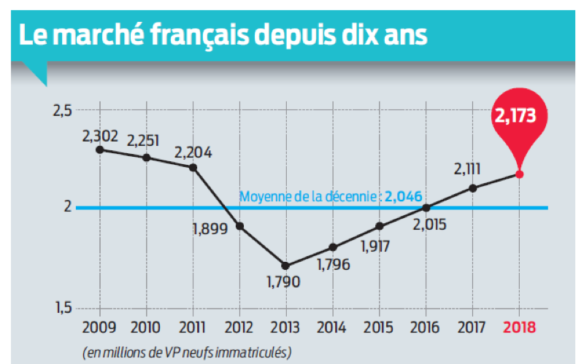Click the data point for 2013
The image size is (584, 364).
pyautogui.click(x=285, y=266)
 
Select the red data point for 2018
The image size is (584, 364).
pyautogui.click(x=519, y=174)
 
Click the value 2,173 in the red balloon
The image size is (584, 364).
pyautogui.click(x=519, y=115)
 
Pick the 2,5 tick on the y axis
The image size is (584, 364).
pyautogui.click(x=63, y=111)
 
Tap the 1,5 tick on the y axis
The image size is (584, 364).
pyautogui.click(x=63, y=309)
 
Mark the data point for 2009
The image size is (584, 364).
pyautogui.click(x=99, y=150)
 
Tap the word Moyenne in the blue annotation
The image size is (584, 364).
pyautogui.click(x=264, y=196)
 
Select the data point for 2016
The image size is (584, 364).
pyautogui.click(x=426, y=207)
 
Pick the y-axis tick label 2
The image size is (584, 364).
pyautogui.click(x=67, y=207)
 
